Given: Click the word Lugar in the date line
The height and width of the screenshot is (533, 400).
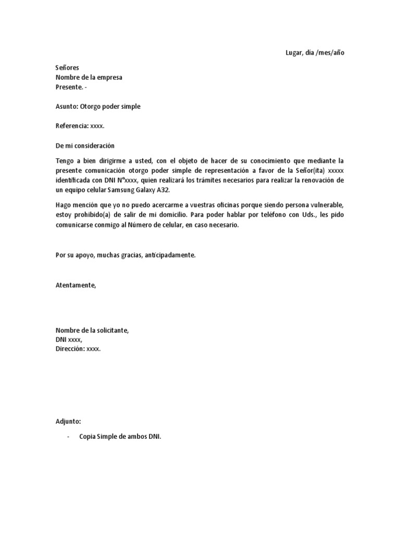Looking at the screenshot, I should pos(295,53).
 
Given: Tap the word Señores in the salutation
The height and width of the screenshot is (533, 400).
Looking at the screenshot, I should pos(67,68).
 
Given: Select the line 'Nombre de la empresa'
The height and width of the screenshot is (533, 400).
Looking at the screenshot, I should pos(89,78).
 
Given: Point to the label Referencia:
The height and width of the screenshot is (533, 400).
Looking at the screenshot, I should pos(72,126).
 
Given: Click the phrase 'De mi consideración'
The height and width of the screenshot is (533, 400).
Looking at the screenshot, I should pos(85,145).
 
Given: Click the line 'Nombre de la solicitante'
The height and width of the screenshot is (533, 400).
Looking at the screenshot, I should pos(92,331).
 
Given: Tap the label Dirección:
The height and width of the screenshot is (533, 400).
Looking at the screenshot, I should pos(70,349).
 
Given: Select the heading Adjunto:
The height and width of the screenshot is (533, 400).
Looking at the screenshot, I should pos(68,421).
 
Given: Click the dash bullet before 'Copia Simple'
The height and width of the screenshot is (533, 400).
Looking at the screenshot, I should pos(69,437).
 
